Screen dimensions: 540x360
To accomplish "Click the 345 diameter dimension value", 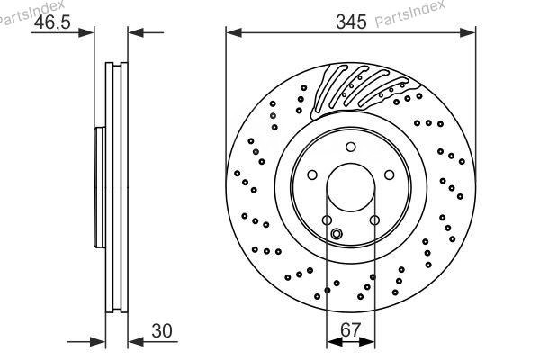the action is (351, 22).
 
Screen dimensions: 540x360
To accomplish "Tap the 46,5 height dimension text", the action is (52, 22).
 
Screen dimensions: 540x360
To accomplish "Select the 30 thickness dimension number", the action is (161, 330).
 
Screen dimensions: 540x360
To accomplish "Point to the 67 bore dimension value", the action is (350, 329).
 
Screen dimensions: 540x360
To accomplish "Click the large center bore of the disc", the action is (351, 187).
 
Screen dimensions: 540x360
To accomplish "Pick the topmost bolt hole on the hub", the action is (351, 147).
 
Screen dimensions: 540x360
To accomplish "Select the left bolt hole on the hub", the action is (312, 175).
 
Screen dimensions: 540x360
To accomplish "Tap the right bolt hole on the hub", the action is (389, 175).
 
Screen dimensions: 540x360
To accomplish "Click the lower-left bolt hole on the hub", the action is (327, 220).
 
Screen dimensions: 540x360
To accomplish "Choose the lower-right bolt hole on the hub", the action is (374, 220).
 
